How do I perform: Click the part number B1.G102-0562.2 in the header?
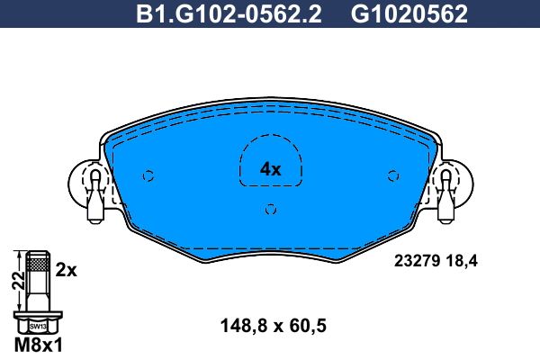pos(229,14)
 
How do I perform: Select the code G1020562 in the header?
pos(409,14)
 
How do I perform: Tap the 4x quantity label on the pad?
pos(270,169)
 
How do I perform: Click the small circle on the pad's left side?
pos(148,176)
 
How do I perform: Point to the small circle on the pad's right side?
pos(393,176)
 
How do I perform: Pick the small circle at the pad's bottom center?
pos(271,209)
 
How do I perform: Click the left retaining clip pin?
pos(95,196)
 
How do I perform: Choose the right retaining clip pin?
pos(446,196)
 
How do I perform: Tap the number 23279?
pos(418,261)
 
